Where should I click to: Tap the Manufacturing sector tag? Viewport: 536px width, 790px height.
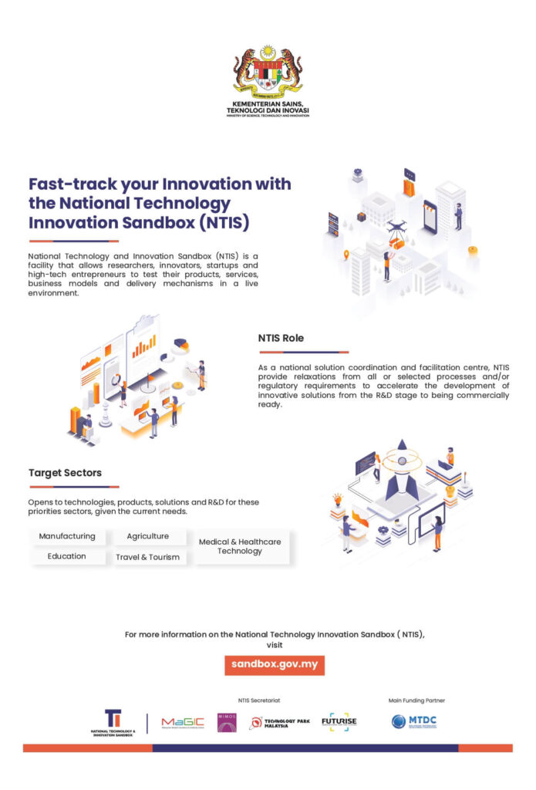(67, 536)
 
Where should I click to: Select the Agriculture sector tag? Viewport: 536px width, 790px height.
(147, 536)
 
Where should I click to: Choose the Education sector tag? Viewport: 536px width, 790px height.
(67, 556)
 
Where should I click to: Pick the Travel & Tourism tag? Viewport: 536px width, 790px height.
(147, 557)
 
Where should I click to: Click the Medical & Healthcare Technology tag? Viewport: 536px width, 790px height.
(240, 546)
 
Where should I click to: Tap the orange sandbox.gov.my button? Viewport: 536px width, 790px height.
(275, 664)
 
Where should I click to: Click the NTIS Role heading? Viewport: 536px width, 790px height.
(281, 338)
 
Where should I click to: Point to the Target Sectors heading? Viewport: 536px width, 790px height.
(65, 473)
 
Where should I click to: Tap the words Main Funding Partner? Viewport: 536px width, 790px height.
(416, 701)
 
